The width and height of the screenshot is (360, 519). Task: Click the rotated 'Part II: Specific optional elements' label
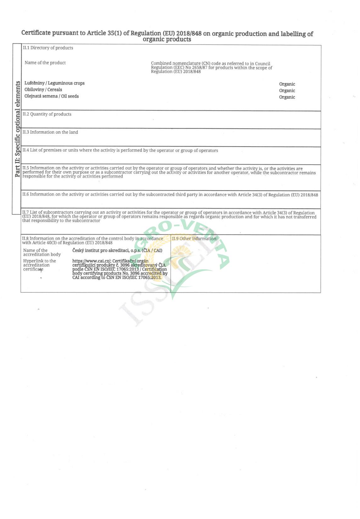[x=18, y=129]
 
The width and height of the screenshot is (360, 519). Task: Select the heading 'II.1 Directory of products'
[x=48, y=48]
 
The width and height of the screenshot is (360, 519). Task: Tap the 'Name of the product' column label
[x=45, y=63]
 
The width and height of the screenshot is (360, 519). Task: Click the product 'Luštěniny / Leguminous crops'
[x=54, y=83]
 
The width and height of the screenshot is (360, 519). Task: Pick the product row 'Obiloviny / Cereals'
[x=43, y=90]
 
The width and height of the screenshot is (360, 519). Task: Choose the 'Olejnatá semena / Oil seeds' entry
[x=52, y=96]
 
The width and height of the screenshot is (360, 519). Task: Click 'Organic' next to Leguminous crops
[x=287, y=84]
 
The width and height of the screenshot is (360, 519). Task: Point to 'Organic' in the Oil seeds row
[x=287, y=97]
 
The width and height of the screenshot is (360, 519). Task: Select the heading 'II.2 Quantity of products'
[x=47, y=114]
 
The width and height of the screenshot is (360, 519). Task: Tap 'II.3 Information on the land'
[x=50, y=132]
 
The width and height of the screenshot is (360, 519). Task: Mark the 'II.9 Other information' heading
[x=194, y=239]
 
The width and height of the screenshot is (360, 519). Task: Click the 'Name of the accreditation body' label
[x=42, y=253]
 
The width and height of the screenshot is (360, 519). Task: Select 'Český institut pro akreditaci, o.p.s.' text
[x=117, y=250]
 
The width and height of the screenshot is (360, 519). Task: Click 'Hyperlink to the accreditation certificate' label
[x=39, y=265]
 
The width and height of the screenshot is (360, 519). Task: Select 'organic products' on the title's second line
[x=167, y=39]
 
